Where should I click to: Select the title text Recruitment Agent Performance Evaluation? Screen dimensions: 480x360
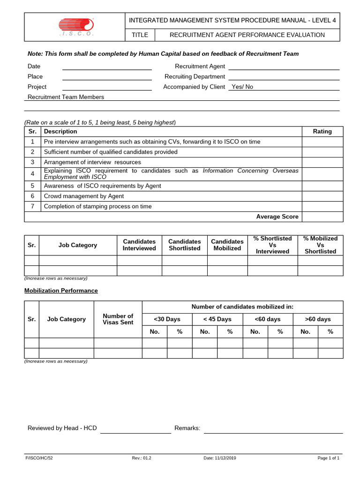point(247,35)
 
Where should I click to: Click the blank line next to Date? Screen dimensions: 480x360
point(107,67)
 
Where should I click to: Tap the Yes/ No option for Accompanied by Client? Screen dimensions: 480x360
point(242,87)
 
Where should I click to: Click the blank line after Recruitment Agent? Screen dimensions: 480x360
point(284,67)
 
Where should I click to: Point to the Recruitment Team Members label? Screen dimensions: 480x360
point(66,97)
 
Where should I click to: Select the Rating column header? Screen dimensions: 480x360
point(322,131)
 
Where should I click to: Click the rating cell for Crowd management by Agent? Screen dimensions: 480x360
point(322,196)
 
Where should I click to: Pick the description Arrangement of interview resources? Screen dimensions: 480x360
point(92,162)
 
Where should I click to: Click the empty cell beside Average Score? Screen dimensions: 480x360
point(322,217)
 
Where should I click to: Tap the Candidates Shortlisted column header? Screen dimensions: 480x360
point(185,245)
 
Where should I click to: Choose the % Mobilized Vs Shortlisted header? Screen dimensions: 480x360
point(320,245)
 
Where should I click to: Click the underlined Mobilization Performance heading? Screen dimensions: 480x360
point(61,291)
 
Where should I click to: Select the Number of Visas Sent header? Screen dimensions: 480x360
point(118,319)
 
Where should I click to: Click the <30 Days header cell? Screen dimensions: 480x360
point(167,319)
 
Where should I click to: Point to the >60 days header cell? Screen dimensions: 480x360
point(318,319)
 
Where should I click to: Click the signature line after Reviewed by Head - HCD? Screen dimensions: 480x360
point(135,428)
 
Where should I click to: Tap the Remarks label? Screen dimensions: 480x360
point(187,428)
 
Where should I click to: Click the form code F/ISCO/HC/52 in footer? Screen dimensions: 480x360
point(39,458)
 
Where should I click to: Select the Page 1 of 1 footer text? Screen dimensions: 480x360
point(328,458)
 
